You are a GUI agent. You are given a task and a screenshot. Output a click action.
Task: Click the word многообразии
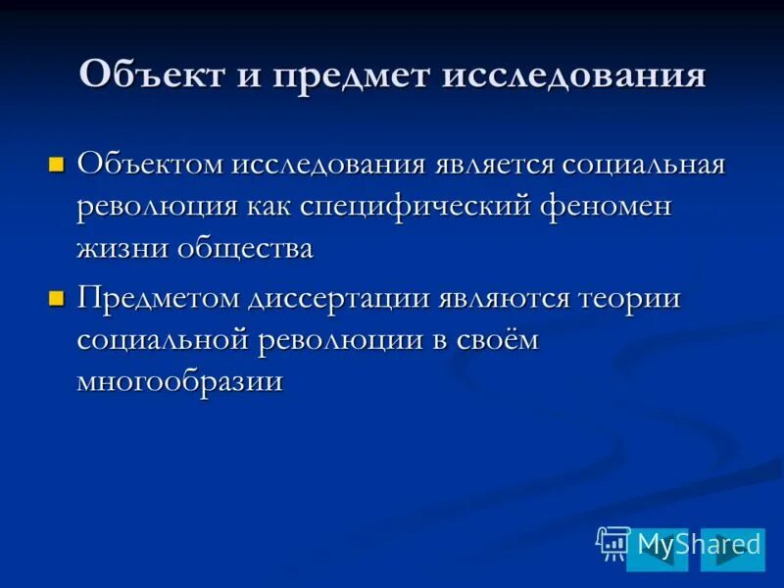pyautogui.click(x=179, y=380)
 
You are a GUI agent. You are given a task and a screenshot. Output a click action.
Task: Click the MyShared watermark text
pyautogui.click(x=698, y=544)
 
